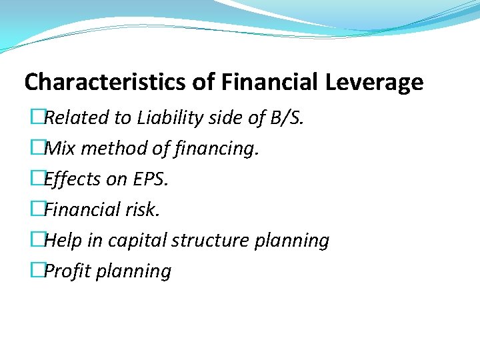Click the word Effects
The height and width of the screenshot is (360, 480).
tap(71, 179)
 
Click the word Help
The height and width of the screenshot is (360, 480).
tap(63, 241)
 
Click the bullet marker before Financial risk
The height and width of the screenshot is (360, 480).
tap(37, 210)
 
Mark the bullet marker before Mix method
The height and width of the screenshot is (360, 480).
tap(37, 149)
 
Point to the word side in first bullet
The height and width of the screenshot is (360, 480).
tap(227, 118)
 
